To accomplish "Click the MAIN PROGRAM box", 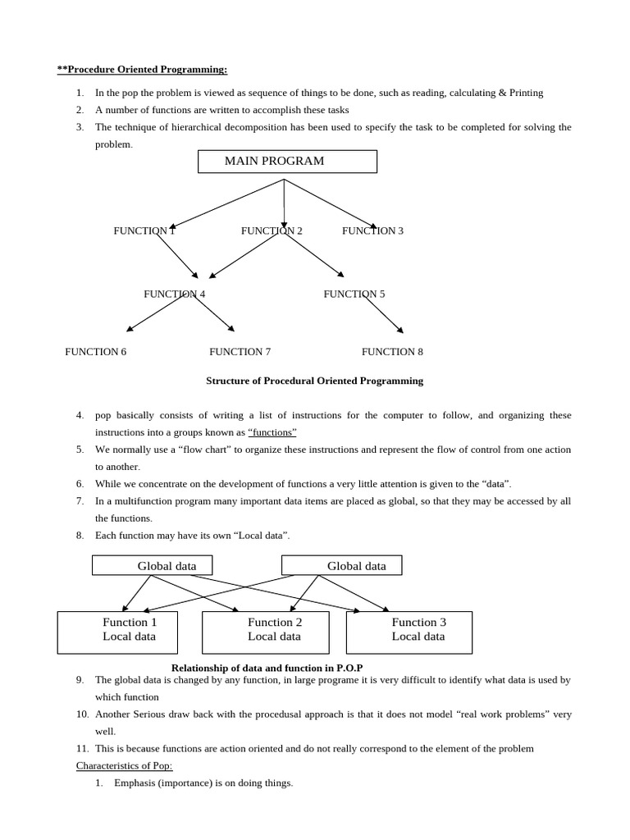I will point(287,162).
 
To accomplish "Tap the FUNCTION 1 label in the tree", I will point(144,231).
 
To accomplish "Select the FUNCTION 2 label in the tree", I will point(272,231).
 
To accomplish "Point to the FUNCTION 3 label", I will point(372,231).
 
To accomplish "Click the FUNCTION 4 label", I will point(174,294).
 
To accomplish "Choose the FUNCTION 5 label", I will point(354,294).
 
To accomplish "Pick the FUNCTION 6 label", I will point(96,352).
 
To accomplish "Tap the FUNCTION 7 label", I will point(240,352).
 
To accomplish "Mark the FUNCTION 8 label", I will point(392,352).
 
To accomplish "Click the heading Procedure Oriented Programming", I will point(142,70).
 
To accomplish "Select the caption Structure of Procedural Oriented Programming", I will point(314,381).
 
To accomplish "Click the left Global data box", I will point(152,565).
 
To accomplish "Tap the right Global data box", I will point(341,565).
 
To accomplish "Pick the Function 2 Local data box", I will point(265,632).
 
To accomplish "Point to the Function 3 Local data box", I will point(409,632).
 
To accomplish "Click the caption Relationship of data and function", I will point(267,668).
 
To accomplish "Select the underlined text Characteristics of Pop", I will point(125,765).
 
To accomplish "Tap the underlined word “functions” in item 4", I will point(272,432).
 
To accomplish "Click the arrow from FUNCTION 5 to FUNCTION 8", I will point(384,314).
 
